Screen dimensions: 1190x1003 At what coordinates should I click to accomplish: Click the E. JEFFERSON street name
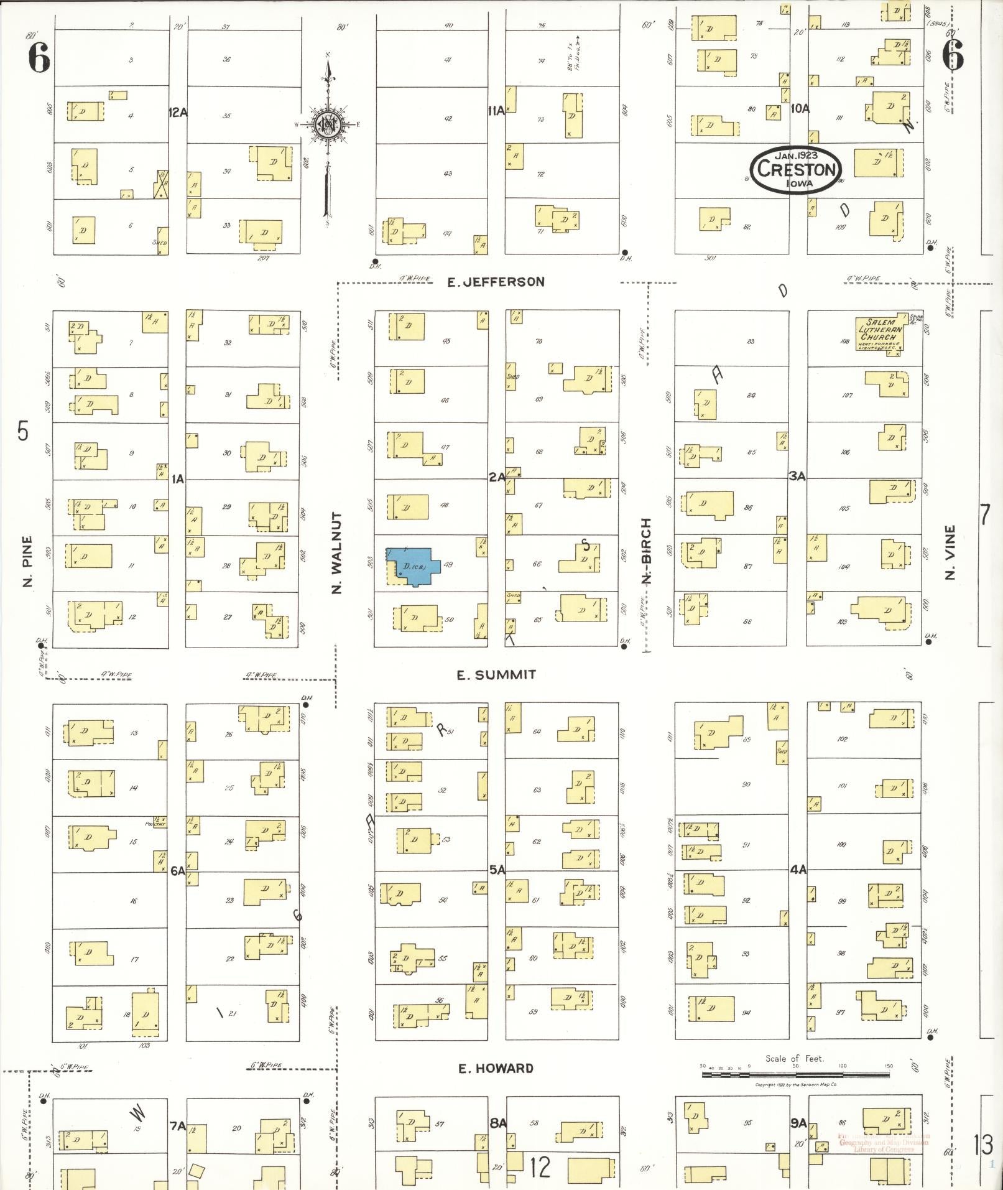tap(496, 282)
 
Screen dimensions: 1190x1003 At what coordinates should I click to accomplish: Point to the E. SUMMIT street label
tap(496, 674)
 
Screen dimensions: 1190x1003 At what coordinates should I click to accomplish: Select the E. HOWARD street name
tap(496, 1068)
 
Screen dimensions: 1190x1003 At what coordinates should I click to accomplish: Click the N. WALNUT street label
tap(337, 552)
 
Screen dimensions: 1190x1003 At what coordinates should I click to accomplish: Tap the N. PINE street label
tap(27, 561)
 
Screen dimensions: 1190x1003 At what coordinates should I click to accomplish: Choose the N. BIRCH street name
tap(646, 551)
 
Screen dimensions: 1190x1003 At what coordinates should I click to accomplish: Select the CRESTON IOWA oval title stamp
tap(796, 169)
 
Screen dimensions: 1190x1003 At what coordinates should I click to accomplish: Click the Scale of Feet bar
tap(796, 1074)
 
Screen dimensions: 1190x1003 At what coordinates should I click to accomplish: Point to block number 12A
tap(178, 112)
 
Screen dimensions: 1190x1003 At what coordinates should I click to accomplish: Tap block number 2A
tap(496, 477)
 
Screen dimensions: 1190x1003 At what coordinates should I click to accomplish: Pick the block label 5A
tap(497, 870)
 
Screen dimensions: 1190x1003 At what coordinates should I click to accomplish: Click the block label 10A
tap(800, 108)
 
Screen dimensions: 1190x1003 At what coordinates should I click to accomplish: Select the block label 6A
tap(178, 871)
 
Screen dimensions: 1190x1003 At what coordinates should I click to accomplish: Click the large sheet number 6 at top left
tap(39, 59)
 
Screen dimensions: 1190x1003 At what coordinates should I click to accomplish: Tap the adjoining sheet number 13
tap(983, 1143)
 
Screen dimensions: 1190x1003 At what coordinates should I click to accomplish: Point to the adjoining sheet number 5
tap(23, 430)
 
